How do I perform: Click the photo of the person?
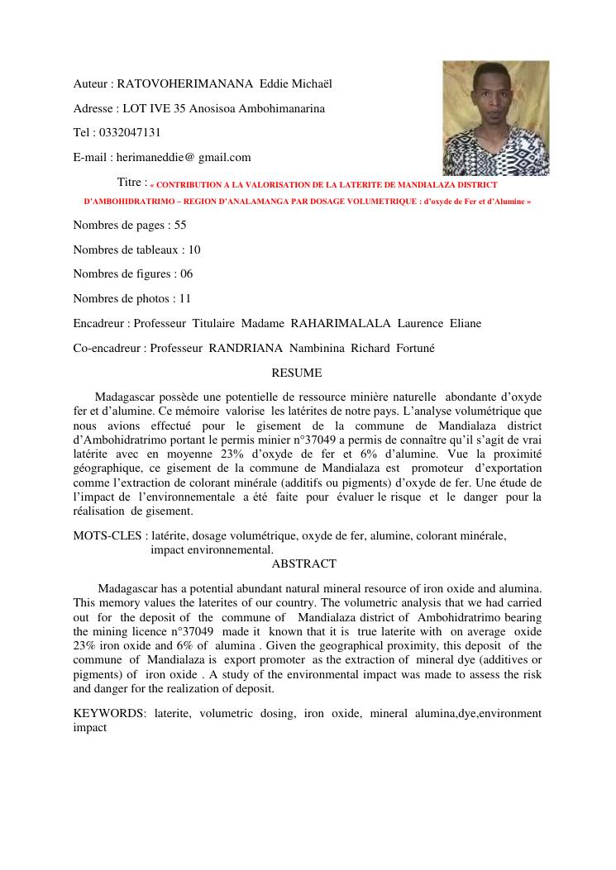(495, 117)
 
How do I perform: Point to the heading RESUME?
(297, 373)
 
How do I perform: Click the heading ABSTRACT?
(303, 563)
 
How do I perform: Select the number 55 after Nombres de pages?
(180, 225)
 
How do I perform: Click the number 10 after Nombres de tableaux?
(194, 250)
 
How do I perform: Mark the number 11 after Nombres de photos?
(185, 298)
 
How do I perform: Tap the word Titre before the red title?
(131, 182)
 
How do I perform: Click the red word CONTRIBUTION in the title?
(195, 185)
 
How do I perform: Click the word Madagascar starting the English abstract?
(131, 588)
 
